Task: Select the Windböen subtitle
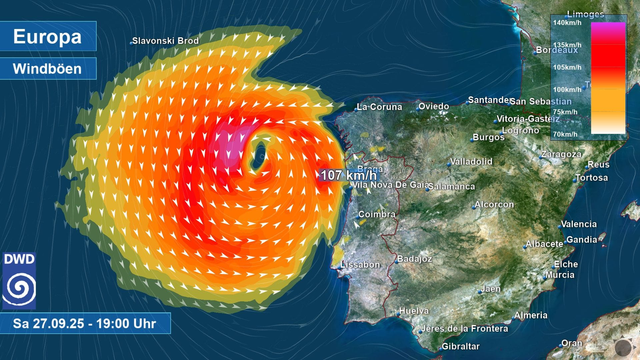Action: pyautogui.click(x=48, y=69)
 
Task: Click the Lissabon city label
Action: pyautogui.click(x=360, y=264)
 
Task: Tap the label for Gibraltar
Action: pyautogui.click(x=460, y=346)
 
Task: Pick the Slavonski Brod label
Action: pyautogui.click(x=166, y=41)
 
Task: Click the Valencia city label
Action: pyautogui.click(x=579, y=225)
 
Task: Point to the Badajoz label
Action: pyautogui.click(x=414, y=258)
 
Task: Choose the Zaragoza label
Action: pyautogui.click(x=560, y=154)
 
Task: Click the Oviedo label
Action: pyautogui.click(x=434, y=106)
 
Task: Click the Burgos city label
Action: pyautogui.click(x=488, y=137)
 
